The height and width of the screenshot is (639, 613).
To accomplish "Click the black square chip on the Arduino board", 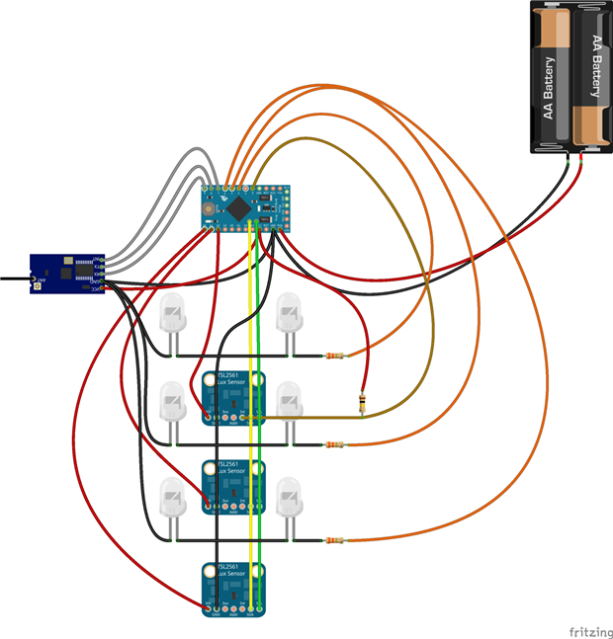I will click(x=243, y=206).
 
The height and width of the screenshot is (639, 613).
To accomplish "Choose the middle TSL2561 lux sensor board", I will click(x=234, y=486).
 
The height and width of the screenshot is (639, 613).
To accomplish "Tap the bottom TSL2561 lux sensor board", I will click(x=234, y=587).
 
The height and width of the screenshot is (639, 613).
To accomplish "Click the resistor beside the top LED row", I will click(x=337, y=356).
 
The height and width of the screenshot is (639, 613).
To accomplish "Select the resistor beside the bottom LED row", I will click(x=337, y=540).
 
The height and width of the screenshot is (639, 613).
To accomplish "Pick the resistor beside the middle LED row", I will click(x=336, y=444).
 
